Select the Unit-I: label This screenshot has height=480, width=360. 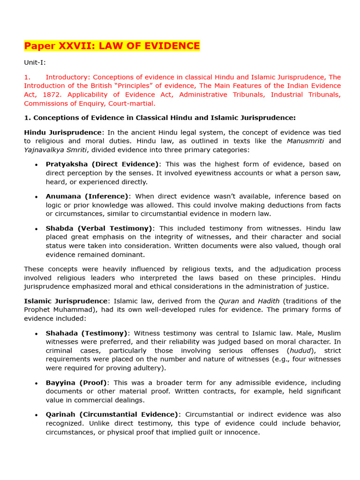coord(35,62)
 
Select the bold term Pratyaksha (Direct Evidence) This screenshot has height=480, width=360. coord(102,164)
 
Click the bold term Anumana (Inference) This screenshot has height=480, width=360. coord(87,196)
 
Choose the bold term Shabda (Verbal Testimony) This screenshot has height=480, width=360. coord(99,228)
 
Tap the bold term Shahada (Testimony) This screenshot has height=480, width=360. coord(86,333)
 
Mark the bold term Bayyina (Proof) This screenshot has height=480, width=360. coord(76,383)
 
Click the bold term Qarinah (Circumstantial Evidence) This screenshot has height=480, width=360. coord(112,415)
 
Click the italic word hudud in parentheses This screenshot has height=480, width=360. coord(300,351)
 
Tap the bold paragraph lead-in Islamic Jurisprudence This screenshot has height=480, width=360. coord(66,301)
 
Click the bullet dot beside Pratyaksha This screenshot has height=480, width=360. coord(36,165)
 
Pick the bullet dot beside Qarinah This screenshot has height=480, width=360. coord(36,415)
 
